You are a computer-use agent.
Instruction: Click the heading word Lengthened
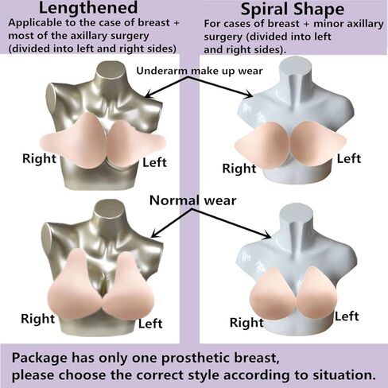(88, 8)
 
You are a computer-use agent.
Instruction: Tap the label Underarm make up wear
(200, 71)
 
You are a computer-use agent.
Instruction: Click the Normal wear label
(192, 200)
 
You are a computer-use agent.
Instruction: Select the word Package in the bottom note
(40, 359)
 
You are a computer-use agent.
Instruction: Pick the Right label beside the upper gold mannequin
(39, 158)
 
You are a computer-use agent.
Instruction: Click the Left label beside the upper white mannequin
(349, 159)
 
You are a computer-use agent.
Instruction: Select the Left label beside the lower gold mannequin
(150, 324)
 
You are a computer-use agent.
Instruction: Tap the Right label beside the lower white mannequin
(246, 323)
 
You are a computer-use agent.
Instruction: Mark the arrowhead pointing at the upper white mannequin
(249, 95)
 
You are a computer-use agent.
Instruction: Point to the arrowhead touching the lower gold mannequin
(154, 234)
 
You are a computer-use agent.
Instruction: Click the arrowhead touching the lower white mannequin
(268, 235)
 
